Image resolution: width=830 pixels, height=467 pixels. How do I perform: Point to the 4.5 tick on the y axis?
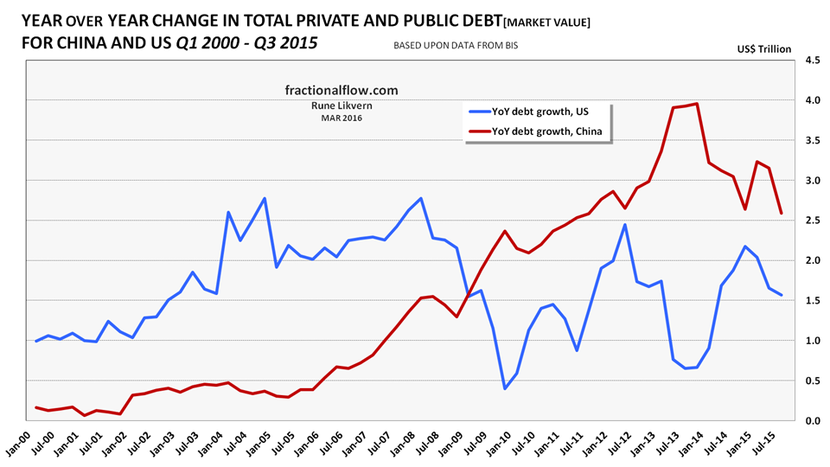(812, 61)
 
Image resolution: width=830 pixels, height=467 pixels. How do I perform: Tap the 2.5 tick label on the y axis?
(812, 221)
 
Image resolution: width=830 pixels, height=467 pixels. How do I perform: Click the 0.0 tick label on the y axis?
(812, 420)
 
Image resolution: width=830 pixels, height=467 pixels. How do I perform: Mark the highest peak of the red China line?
(697, 104)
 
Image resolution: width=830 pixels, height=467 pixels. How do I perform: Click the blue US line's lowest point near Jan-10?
(505, 388)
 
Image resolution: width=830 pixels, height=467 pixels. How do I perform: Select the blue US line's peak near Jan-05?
(264, 198)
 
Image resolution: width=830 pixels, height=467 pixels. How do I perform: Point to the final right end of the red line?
(782, 214)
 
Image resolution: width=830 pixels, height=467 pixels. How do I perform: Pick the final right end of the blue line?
(782, 295)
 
